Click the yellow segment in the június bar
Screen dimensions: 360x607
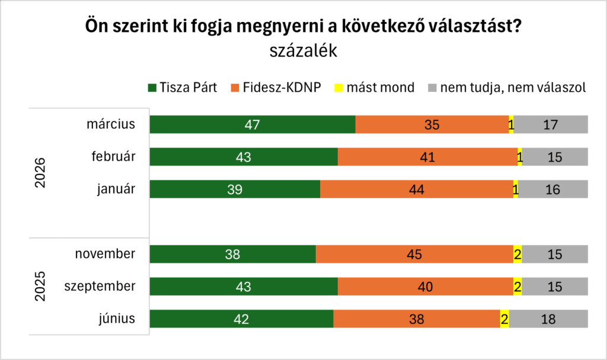pyautogui.click(x=504, y=318)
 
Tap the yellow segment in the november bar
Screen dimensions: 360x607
pyautogui.click(x=517, y=254)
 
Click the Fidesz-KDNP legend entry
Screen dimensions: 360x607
pyautogui.click(x=274, y=88)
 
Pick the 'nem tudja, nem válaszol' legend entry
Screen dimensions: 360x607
pyautogui.click(x=507, y=88)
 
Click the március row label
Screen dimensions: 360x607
pyautogui.click(x=111, y=125)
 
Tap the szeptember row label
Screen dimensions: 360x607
pyautogui.click(x=100, y=286)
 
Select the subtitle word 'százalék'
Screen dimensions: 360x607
pyautogui.click(x=303, y=51)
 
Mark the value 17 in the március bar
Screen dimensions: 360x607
pyautogui.click(x=551, y=125)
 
